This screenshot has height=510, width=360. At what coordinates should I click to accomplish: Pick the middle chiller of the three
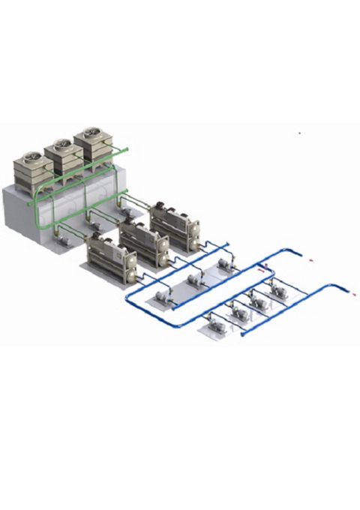tap(143, 238)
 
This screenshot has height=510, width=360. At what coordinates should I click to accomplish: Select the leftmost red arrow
tap(262, 265)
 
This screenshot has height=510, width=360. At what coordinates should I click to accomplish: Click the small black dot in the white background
tap(300, 133)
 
